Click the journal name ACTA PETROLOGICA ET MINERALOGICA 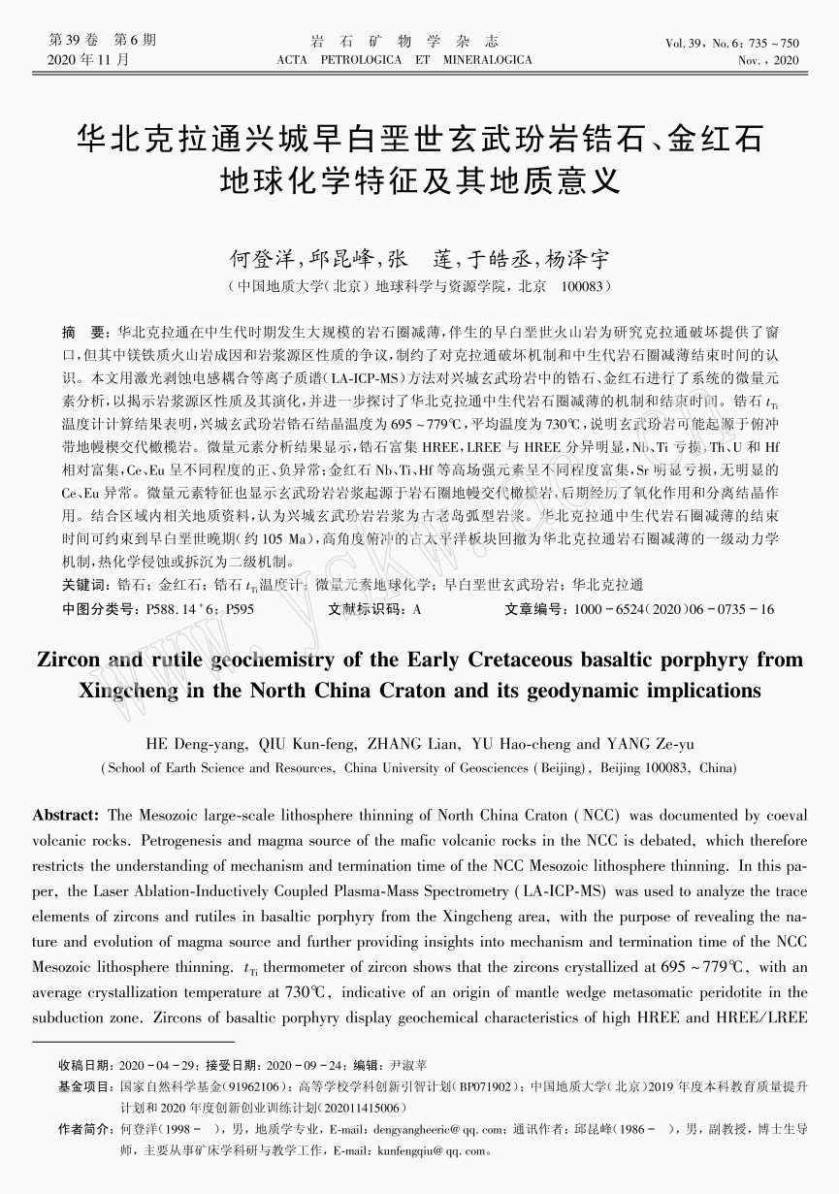tap(404, 60)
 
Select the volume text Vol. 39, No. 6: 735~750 tap(732, 44)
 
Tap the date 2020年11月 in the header tap(88, 60)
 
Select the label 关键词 tap(83, 585)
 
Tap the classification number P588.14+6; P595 tap(200, 609)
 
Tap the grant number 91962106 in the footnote tap(256, 1087)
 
